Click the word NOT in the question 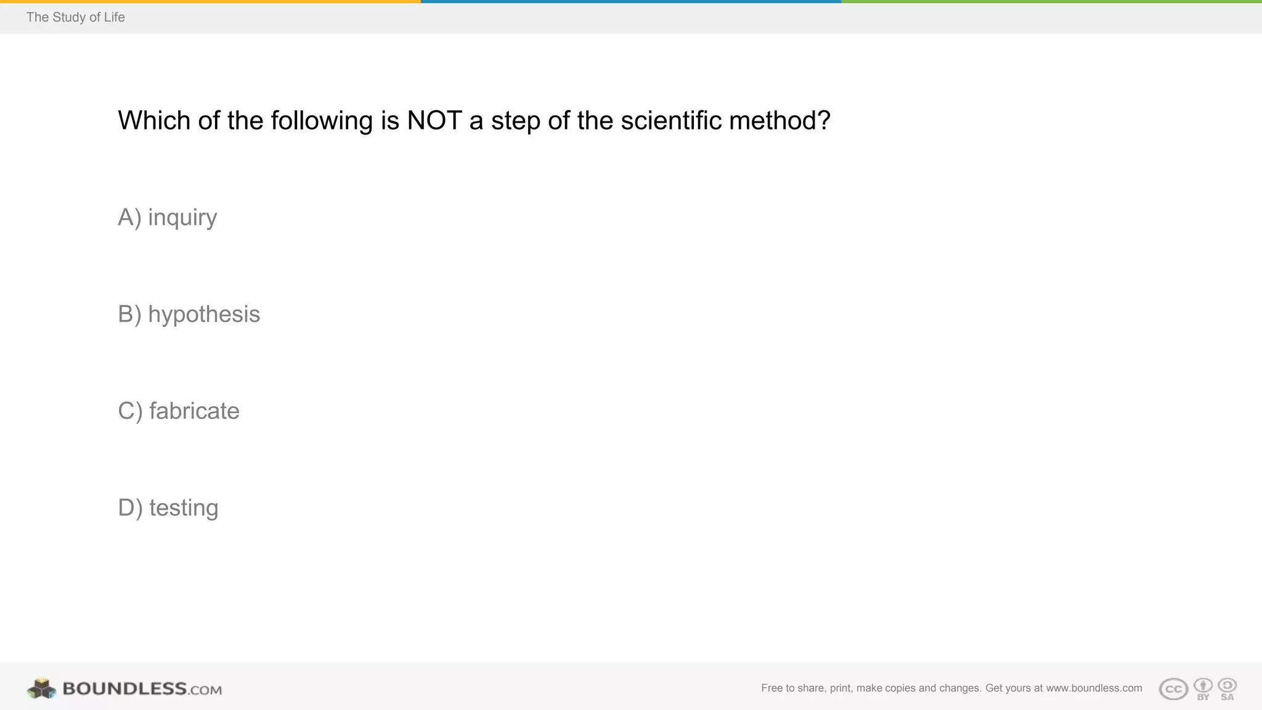pyautogui.click(x=434, y=121)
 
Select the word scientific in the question pyautogui.click(x=671, y=121)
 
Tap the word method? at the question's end pyautogui.click(x=780, y=121)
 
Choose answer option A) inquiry pyautogui.click(x=168, y=218)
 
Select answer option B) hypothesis pyautogui.click(x=189, y=314)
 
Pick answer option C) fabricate pyautogui.click(x=179, y=411)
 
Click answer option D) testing pyautogui.click(x=168, y=508)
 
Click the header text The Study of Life pyautogui.click(x=75, y=17)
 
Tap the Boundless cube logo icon pyautogui.click(x=41, y=688)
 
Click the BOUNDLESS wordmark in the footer pyautogui.click(x=124, y=688)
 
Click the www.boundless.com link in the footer pyautogui.click(x=1094, y=688)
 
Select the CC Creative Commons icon pyautogui.click(x=1173, y=689)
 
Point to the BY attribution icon pyautogui.click(x=1203, y=688)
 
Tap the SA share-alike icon pyautogui.click(x=1227, y=688)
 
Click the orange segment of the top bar pyautogui.click(x=210, y=2)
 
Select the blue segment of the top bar pyautogui.click(x=631, y=2)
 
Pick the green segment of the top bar pyautogui.click(x=1051, y=2)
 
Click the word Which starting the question pyautogui.click(x=154, y=121)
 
